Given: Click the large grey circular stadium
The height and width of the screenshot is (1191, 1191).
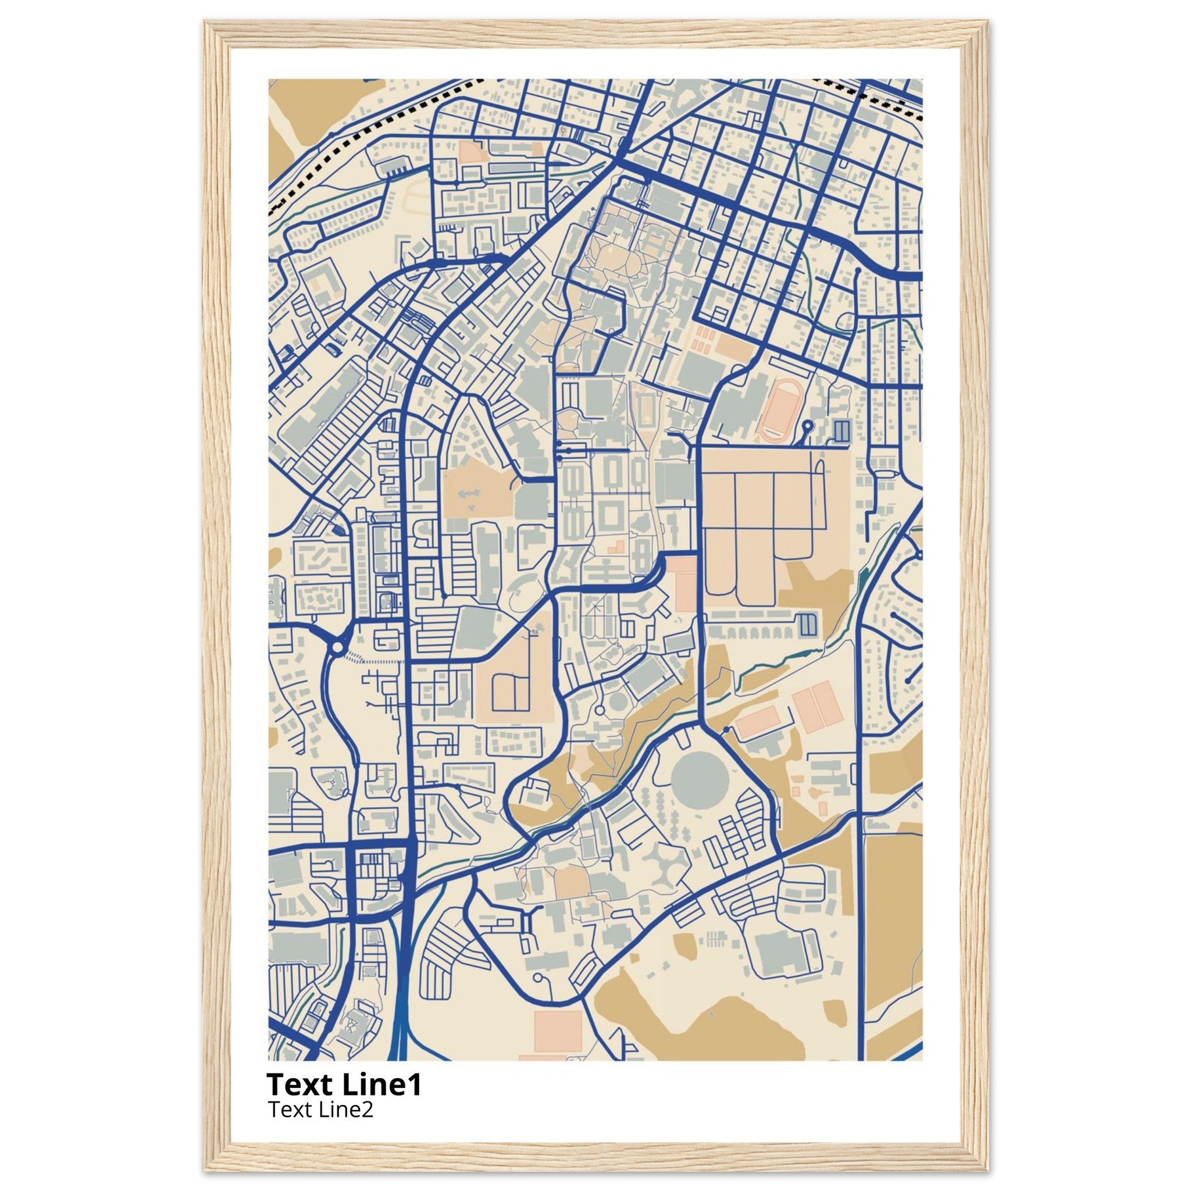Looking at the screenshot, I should click(700, 774).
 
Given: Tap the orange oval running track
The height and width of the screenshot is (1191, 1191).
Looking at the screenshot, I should click(780, 410).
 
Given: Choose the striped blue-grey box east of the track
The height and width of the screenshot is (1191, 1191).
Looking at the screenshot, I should click(841, 430).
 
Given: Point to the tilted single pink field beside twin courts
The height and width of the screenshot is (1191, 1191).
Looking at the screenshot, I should click(757, 722).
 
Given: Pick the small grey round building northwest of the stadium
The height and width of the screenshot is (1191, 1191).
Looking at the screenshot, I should click(617, 702).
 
